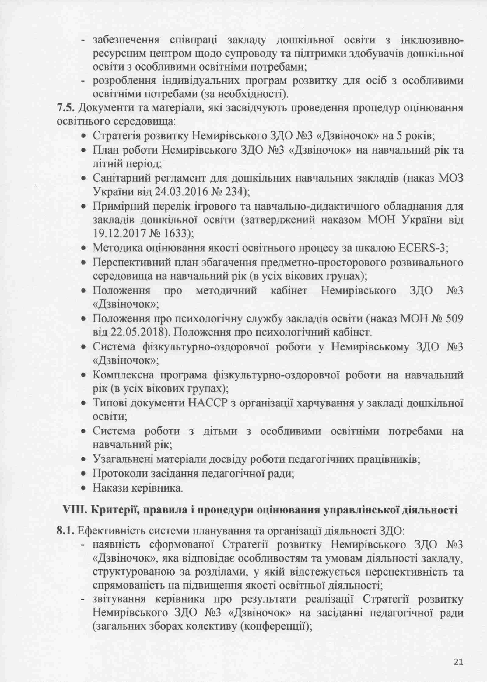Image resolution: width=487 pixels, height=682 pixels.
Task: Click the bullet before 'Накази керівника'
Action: pyautogui.click(x=84, y=489)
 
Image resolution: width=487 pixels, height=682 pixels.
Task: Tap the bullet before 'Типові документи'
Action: pyautogui.click(x=84, y=404)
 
